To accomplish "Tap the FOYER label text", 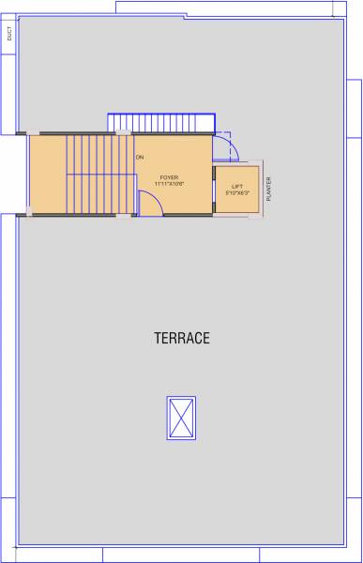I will tap(169, 176).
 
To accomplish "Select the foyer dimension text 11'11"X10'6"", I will tap(169, 184).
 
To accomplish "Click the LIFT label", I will tap(236, 186).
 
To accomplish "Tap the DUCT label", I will tap(9, 35).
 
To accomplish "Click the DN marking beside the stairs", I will tap(139, 157).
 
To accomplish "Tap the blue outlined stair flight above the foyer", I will tap(161, 123).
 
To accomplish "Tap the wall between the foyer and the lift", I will tap(213, 189).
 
